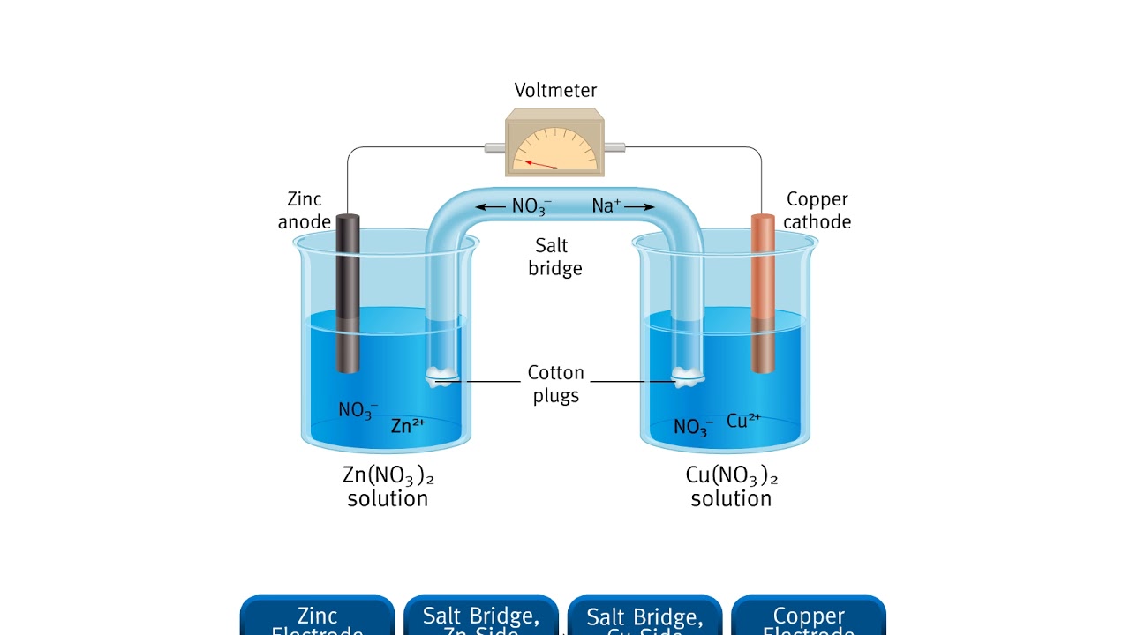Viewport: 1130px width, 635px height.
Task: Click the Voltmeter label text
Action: pos(555,90)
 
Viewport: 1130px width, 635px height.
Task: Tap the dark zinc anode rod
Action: pos(348,291)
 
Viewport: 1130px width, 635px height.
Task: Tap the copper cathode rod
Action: pos(763,291)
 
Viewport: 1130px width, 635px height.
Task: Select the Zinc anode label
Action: pos(305,211)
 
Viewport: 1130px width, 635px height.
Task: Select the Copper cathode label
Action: pos(817,211)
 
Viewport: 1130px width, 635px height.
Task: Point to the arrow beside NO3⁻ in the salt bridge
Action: pos(491,206)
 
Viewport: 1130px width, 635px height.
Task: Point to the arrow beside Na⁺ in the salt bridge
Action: pos(639,206)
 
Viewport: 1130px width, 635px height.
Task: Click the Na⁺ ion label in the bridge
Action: pos(606,205)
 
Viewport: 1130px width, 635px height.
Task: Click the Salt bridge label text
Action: pos(554,257)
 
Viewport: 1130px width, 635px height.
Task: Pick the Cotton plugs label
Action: pos(555,384)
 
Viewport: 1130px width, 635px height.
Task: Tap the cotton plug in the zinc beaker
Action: pos(441,377)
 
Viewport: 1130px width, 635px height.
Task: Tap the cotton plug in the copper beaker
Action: pos(687,377)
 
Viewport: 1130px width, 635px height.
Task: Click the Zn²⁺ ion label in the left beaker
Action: pos(408,426)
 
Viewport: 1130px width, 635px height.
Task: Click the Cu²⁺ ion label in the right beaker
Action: pos(743,421)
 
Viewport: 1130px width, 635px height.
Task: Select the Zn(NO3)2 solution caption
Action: pos(388,487)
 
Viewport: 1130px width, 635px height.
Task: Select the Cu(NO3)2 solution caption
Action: pos(731,487)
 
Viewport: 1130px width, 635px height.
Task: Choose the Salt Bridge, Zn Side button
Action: pos(481,616)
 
